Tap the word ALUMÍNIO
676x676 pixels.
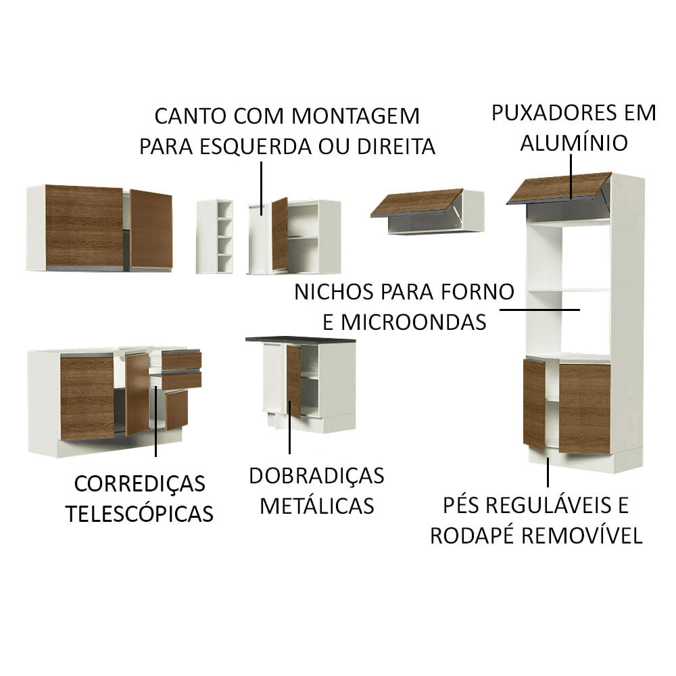click(574, 143)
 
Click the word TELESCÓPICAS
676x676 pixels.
click(139, 513)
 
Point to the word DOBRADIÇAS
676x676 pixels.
click(316, 475)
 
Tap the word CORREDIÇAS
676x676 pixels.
click(139, 483)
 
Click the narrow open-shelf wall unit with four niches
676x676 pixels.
click(215, 236)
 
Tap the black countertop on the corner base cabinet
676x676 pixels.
click(300, 338)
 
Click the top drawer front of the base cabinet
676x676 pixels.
click(181, 360)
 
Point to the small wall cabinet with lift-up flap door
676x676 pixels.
click(427, 211)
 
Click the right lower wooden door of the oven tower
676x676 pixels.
click(584, 408)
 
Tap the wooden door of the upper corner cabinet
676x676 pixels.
click(279, 233)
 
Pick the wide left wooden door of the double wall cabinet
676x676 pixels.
click(84, 226)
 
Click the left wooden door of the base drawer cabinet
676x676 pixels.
click(87, 397)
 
